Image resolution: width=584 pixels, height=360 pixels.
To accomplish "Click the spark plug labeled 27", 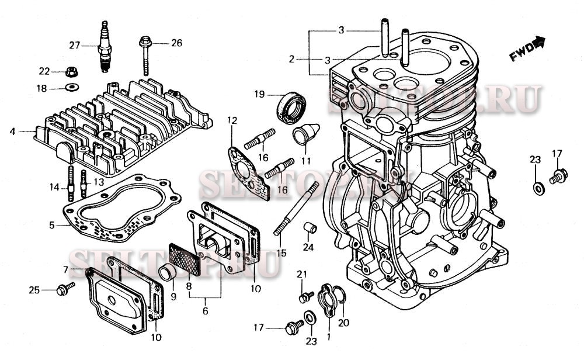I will [x=105, y=47].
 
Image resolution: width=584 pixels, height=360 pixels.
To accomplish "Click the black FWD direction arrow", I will [x=539, y=42].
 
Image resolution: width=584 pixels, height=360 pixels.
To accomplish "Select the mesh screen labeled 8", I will [x=185, y=258].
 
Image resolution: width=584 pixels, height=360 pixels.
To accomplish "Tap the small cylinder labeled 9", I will [x=167, y=272].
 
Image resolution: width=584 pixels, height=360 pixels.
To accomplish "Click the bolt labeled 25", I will [x=64, y=289].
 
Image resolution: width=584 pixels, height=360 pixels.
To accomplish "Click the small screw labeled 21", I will [x=303, y=297].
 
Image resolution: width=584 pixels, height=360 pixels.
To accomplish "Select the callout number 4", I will [x=12, y=131].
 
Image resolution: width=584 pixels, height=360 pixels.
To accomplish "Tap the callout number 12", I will [x=232, y=121].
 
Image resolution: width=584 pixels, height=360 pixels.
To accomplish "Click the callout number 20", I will [x=343, y=322].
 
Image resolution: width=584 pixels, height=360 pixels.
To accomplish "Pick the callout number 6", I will [x=205, y=311].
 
